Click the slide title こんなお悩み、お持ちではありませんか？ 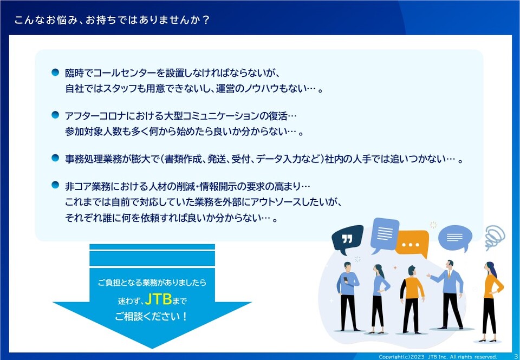coord(112,20)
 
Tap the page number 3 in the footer coord(515,356)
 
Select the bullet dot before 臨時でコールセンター coord(55,72)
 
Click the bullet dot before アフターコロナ coord(55,115)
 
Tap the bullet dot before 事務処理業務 coord(55,158)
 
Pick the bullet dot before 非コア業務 coord(55,185)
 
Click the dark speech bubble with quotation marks coord(347,239)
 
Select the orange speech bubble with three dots coord(411,244)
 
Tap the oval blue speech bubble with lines coord(456,238)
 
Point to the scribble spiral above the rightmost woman coord(495,237)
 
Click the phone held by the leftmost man coord(345,279)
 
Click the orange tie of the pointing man coord(449,275)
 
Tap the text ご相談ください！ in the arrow coord(152,316)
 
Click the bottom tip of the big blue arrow coord(152,349)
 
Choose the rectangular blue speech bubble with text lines coord(385,234)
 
